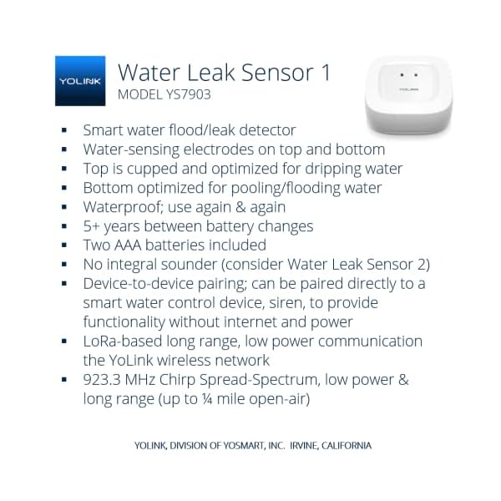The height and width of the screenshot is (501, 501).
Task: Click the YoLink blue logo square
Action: [x=80, y=81]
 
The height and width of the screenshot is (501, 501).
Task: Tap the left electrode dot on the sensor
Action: [x=401, y=75]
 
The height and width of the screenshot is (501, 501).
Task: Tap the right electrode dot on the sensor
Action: [x=416, y=75]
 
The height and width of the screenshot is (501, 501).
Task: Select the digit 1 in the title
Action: [x=325, y=73]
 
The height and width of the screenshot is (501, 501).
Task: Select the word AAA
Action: [x=134, y=245]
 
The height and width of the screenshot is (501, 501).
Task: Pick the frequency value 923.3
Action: [x=105, y=379]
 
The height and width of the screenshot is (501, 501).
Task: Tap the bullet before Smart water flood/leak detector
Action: [x=64, y=131]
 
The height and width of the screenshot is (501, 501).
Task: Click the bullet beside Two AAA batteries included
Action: [x=64, y=246]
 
